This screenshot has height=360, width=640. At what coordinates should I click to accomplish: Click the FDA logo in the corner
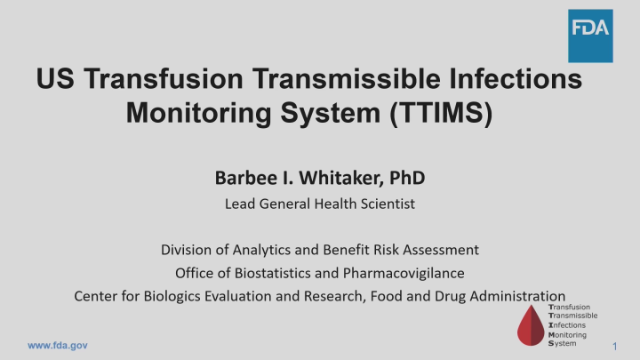(590, 36)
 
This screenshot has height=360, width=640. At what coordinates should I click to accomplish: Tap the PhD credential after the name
(408, 179)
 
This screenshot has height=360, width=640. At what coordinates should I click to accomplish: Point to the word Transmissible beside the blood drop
(573, 316)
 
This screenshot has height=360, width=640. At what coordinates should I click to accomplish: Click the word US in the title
(55, 81)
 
